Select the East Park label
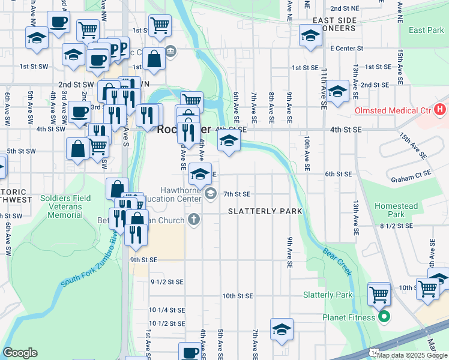[x=426, y=30]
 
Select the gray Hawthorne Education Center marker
[x=211, y=193]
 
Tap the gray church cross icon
[x=193, y=220]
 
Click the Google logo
[x=20, y=353]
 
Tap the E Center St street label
[x=347, y=47]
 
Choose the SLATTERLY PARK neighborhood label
[x=259, y=211]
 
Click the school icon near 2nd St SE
[x=338, y=91]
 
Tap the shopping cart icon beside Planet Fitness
[x=379, y=294]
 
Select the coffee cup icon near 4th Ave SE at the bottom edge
[x=190, y=352]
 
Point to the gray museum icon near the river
[x=171, y=50]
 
